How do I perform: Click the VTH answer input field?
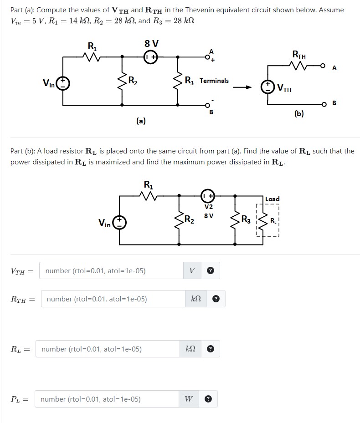(x=111, y=270)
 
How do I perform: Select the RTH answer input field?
(x=113, y=299)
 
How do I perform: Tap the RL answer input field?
(x=108, y=349)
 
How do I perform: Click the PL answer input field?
(x=107, y=399)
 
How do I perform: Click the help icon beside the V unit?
(x=211, y=270)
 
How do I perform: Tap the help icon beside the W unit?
(x=208, y=399)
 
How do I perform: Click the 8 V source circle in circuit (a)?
(x=151, y=57)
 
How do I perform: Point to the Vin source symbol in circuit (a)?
(x=62, y=83)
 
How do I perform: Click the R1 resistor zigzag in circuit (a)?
(x=92, y=57)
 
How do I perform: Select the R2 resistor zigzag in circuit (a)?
(x=122, y=81)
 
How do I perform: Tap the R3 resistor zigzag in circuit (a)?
(x=178, y=81)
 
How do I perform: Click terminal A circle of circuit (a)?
(x=207, y=57)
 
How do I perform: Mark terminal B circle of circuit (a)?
(x=207, y=105)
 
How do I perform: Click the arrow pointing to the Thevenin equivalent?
(x=242, y=87)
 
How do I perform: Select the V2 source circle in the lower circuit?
(x=208, y=196)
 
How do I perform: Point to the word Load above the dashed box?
(x=272, y=199)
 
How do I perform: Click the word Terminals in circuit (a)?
(x=214, y=81)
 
